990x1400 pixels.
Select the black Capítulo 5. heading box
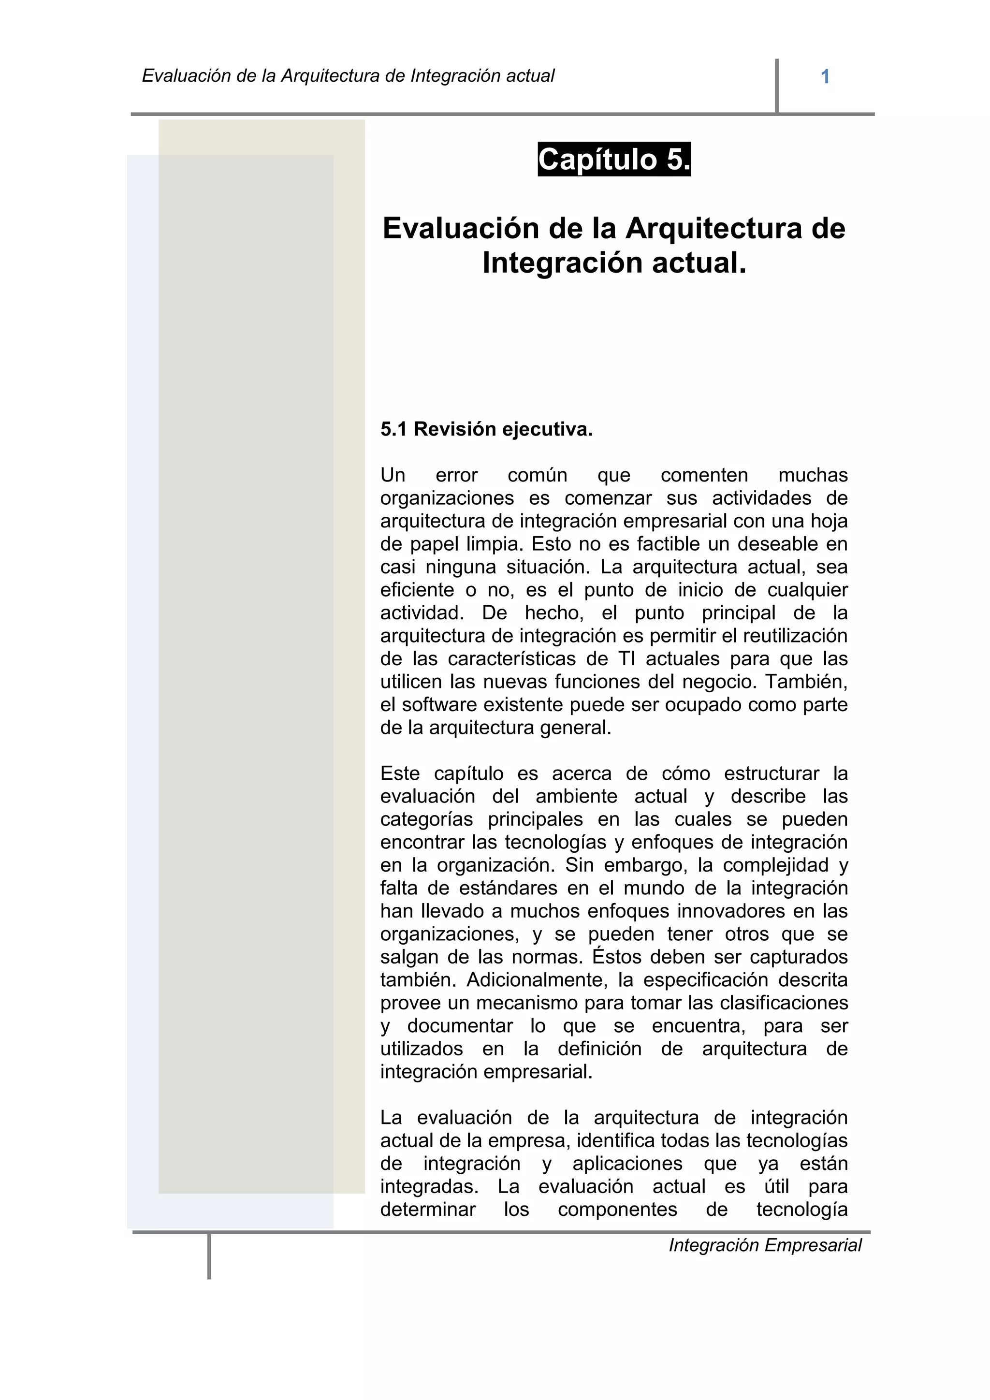point(614,160)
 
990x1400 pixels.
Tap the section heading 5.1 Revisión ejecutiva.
point(486,429)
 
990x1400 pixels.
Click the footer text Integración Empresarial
point(765,1245)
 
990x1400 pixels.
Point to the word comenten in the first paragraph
point(704,475)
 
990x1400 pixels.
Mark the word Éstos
point(617,957)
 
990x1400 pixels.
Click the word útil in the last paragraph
point(777,1187)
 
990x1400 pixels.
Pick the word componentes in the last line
point(617,1210)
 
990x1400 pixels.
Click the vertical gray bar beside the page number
point(777,86)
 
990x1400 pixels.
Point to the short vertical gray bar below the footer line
point(209,1256)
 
